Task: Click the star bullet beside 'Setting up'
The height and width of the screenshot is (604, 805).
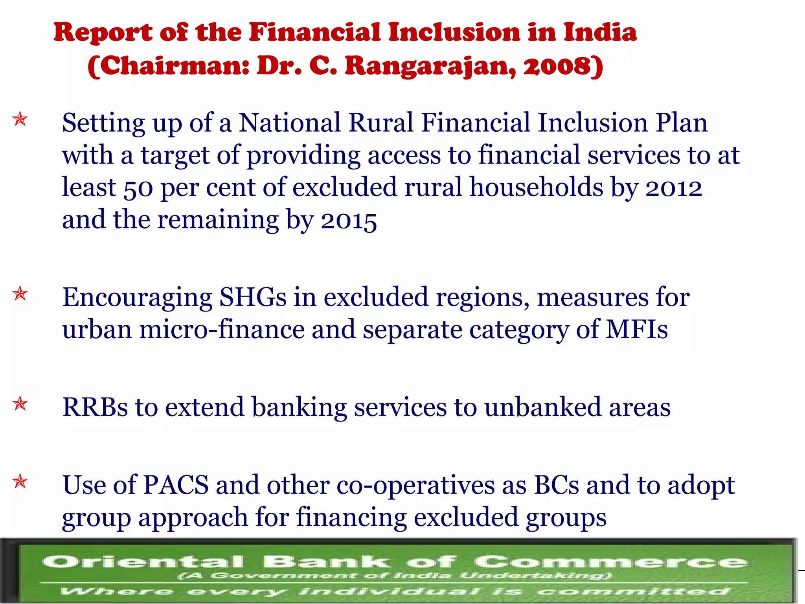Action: [x=20, y=119]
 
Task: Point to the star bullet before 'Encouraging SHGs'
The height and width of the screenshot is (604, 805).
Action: [x=20, y=294]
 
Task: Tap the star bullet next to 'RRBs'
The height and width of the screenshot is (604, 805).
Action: [x=20, y=403]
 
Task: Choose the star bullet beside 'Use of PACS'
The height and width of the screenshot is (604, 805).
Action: [x=20, y=481]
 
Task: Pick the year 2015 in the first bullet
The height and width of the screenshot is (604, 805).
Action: [x=349, y=221]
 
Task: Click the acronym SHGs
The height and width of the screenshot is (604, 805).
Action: [x=253, y=297]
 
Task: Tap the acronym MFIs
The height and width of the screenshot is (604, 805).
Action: [x=636, y=329]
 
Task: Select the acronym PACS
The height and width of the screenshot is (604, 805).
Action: [x=175, y=485]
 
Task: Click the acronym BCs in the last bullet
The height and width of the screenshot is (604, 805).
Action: [x=556, y=485]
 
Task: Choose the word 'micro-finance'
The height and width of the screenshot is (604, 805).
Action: [x=222, y=329]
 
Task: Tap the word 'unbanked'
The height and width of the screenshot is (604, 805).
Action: [x=542, y=407]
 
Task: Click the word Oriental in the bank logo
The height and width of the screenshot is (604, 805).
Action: [x=143, y=562]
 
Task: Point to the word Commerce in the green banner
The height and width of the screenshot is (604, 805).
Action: [x=610, y=562]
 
